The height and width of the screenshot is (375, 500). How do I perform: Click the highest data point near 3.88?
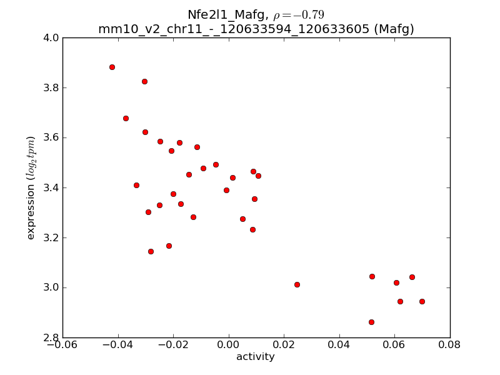pyautogui.click(x=112, y=67)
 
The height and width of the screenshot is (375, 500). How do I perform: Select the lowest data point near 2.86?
pyautogui.click(x=371, y=322)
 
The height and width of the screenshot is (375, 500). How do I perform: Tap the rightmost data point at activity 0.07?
pyautogui.click(x=422, y=301)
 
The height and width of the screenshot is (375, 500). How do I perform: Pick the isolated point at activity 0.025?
pyautogui.click(x=297, y=284)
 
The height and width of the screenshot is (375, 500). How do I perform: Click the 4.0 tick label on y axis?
pyautogui.click(x=51, y=37)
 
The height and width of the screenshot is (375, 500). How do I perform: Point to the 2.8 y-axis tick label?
pyautogui.click(x=51, y=337)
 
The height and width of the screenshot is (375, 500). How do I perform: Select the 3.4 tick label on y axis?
pyautogui.click(x=51, y=187)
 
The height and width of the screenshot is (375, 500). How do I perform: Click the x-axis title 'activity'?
pyautogui.click(x=255, y=357)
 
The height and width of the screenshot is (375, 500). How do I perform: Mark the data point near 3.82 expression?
pyautogui.click(x=144, y=81)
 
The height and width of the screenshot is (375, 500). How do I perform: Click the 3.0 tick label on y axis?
pyautogui.click(x=51, y=287)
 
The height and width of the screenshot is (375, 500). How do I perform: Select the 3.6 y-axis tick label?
pyautogui.click(x=51, y=137)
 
